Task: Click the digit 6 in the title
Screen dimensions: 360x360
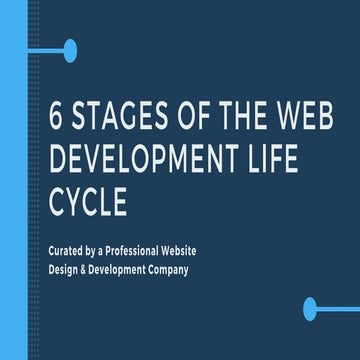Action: tap(56, 118)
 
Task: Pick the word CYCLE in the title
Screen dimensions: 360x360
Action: tap(88, 200)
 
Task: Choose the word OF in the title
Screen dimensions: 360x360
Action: tap(182, 118)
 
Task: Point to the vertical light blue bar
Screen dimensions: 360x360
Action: tap(13, 180)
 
